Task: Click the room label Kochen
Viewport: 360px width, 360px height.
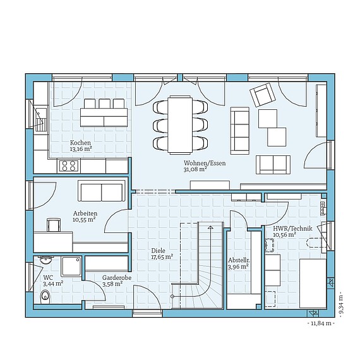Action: tap(80, 143)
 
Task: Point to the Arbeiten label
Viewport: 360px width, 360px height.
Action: tap(84, 213)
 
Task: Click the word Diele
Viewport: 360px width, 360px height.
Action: tap(157, 250)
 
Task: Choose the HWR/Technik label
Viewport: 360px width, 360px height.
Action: tap(289, 228)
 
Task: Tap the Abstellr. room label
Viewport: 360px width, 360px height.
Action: tap(238, 260)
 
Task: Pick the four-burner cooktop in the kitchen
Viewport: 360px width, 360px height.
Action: tap(68, 166)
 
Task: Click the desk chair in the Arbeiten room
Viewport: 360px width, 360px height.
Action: tap(53, 224)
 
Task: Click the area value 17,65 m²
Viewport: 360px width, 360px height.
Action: tap(162, 257)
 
